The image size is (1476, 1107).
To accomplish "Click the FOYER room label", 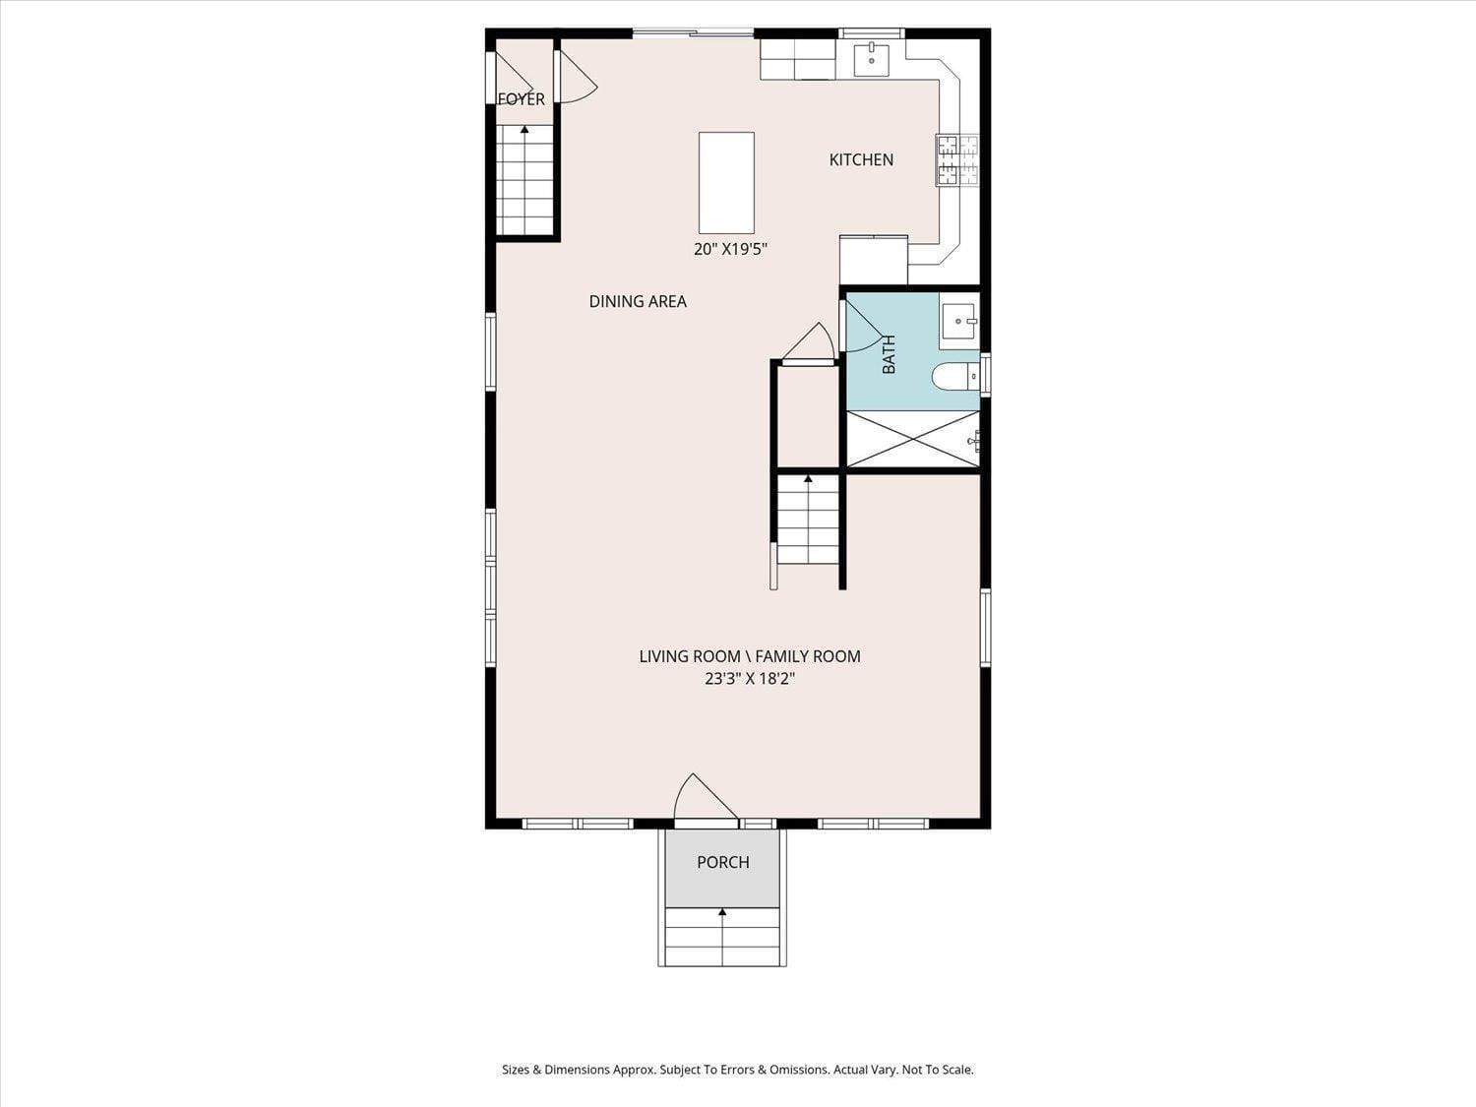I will pos(521,99).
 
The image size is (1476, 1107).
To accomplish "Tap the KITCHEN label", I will pos(861,159).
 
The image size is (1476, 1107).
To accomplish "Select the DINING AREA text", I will pos(638,301).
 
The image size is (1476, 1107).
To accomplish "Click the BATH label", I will pos(889,354).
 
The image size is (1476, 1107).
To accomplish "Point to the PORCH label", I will pos(723,862).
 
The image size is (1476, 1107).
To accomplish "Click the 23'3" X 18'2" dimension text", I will pos(749,678).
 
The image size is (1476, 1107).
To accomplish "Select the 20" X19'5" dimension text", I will pos(730,249).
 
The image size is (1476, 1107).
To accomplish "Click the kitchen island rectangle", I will pos(726,182).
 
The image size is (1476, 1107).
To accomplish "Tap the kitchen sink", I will pos(871,59).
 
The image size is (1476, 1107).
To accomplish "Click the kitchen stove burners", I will pos(958,160).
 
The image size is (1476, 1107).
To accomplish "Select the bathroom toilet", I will pos(953,376).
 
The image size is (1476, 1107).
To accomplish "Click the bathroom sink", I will pos(957,322).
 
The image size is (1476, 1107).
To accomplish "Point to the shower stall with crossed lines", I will pos(912,439).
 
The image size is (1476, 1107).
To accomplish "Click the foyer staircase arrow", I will pos(524,129).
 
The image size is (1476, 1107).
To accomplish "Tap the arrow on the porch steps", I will pos(722,913).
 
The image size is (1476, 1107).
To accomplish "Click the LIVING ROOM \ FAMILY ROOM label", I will pos(749,656).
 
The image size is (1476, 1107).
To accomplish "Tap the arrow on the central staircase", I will pos(808,479).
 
